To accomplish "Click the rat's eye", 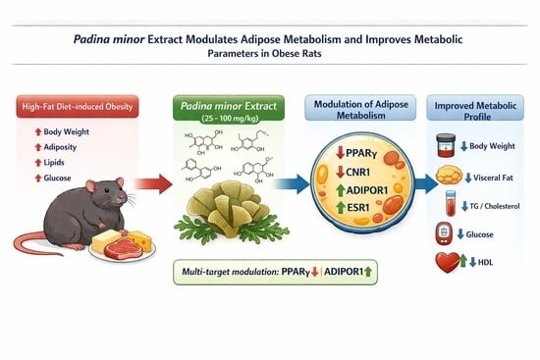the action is [107, 190].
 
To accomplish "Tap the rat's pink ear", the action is [91, 185].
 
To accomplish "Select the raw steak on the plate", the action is [123, 248].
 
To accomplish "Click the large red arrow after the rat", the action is [153, 184].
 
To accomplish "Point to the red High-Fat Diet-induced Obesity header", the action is [78, 106].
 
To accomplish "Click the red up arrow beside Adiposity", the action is [38, 147].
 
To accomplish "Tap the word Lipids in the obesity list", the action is [54, 163].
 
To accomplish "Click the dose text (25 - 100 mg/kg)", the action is [230, 118].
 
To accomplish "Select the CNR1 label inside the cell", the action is [357, 172].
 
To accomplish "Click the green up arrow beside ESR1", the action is [341, 207].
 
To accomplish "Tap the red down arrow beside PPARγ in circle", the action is [341, 153].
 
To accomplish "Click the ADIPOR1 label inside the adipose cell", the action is [367, 190].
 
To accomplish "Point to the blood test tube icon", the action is [451, 203].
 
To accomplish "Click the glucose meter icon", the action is [444, 234].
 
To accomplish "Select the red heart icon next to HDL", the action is [448, 262].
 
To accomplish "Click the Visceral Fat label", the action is [493, 178].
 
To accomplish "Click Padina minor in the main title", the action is [109, 39].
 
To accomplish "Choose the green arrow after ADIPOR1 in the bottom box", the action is [368, 272].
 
